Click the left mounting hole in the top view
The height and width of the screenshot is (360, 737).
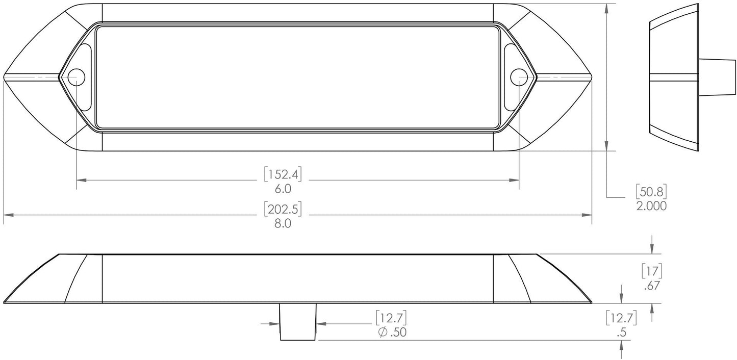pyautogui.click(x=77, y=76)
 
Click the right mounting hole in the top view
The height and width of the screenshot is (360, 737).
pyautogui.click(x=518, y=76)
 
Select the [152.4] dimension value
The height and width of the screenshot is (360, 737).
pyautogui.click(x=283, y=175)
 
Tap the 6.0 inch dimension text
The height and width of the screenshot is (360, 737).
pyautogui.click(x=283, y=189)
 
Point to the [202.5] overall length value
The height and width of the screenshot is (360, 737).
pyautogui.click(x=283, y=210)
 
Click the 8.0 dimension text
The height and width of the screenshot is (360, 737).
pyautogui.click(x=283, y=223)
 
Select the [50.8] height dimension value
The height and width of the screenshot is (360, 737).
pyautogui.click(x=651, y=192)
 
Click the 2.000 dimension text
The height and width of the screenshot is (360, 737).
pyautogui.click(x=651, y=205)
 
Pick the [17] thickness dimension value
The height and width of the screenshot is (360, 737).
pyautogui.click(x=651, y=271)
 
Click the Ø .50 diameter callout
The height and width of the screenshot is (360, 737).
pyautogui.click(x=391, y=332)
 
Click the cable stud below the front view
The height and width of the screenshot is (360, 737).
pyautogui.click(x=298, y=322)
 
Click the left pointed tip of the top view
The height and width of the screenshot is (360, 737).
pyautogui.click(x=5, y=77)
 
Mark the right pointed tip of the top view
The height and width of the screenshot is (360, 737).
pyautogui.click(x=591, y=77)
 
